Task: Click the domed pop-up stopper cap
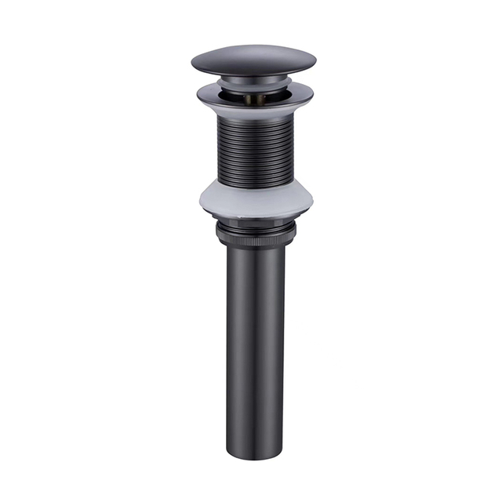pos(253,58)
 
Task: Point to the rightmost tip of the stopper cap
pos(315,61)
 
